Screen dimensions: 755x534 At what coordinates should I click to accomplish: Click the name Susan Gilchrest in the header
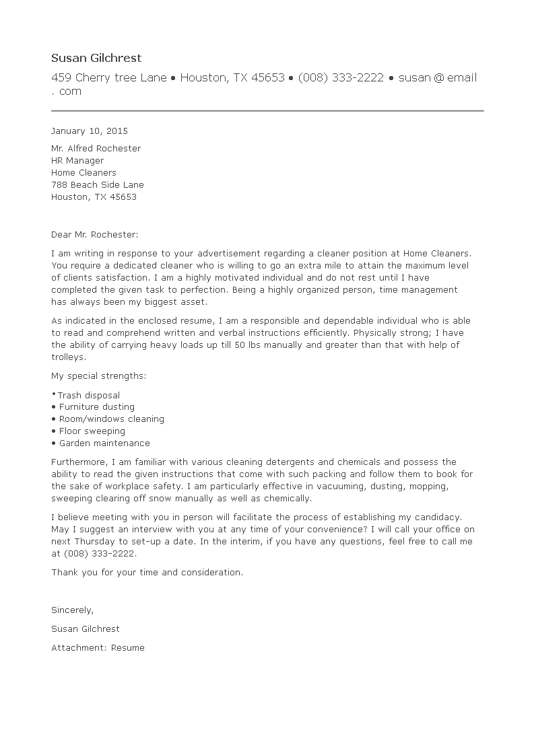pyautogui.click(x=96, y=59)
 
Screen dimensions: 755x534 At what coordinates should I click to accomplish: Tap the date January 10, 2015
pyautogui.click(x=89, y=131)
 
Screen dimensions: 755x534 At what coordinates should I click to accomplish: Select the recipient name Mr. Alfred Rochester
pyautogui.click(x=96, y=149)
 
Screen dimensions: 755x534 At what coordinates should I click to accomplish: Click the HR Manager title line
pyautogui.click(x=77, y=161)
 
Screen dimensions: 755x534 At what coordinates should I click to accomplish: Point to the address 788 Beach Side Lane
pyautogui.click(x=97, y=185)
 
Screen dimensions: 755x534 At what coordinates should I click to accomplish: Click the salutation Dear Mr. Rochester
pyautogui.click(x=94, y=235)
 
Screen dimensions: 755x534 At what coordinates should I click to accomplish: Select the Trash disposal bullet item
pyautogui.click(x=88, y=396)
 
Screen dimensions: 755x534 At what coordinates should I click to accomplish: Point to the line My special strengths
pyautogui.click(x=98, y=375)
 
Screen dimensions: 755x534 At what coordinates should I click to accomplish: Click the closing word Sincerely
pyautogui.click(x=72, y=610)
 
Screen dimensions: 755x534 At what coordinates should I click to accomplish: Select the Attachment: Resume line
pyautogui.click(x=98, y=648)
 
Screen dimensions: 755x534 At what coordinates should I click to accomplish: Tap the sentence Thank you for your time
pyautogui.click(x=147, y=573)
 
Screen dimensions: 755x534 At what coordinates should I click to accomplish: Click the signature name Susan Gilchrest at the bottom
pyautogui.click(x=85, y=629)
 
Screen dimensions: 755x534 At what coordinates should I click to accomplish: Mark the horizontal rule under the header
pyautogui.click(x=267, y=110)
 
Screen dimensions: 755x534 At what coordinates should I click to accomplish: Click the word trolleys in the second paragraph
pyautogui.click(x=69, y=357)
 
